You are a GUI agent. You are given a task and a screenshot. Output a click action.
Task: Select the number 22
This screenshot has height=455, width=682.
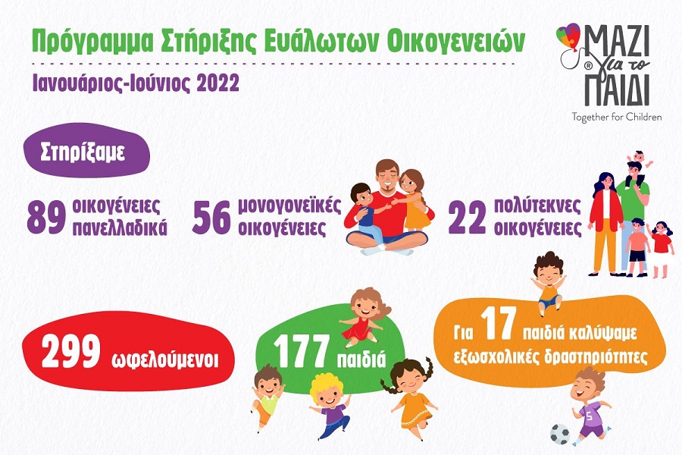(x=468, y=217)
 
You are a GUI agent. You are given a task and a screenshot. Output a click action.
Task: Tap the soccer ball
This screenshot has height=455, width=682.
(x=561, y=434)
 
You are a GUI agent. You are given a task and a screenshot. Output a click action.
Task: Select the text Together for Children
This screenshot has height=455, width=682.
(x=617, y=117)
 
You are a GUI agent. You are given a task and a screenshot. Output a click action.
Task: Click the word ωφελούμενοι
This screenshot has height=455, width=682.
(x=170, y=356)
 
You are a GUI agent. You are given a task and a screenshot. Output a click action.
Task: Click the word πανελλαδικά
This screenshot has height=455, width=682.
(x=122, y=227)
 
